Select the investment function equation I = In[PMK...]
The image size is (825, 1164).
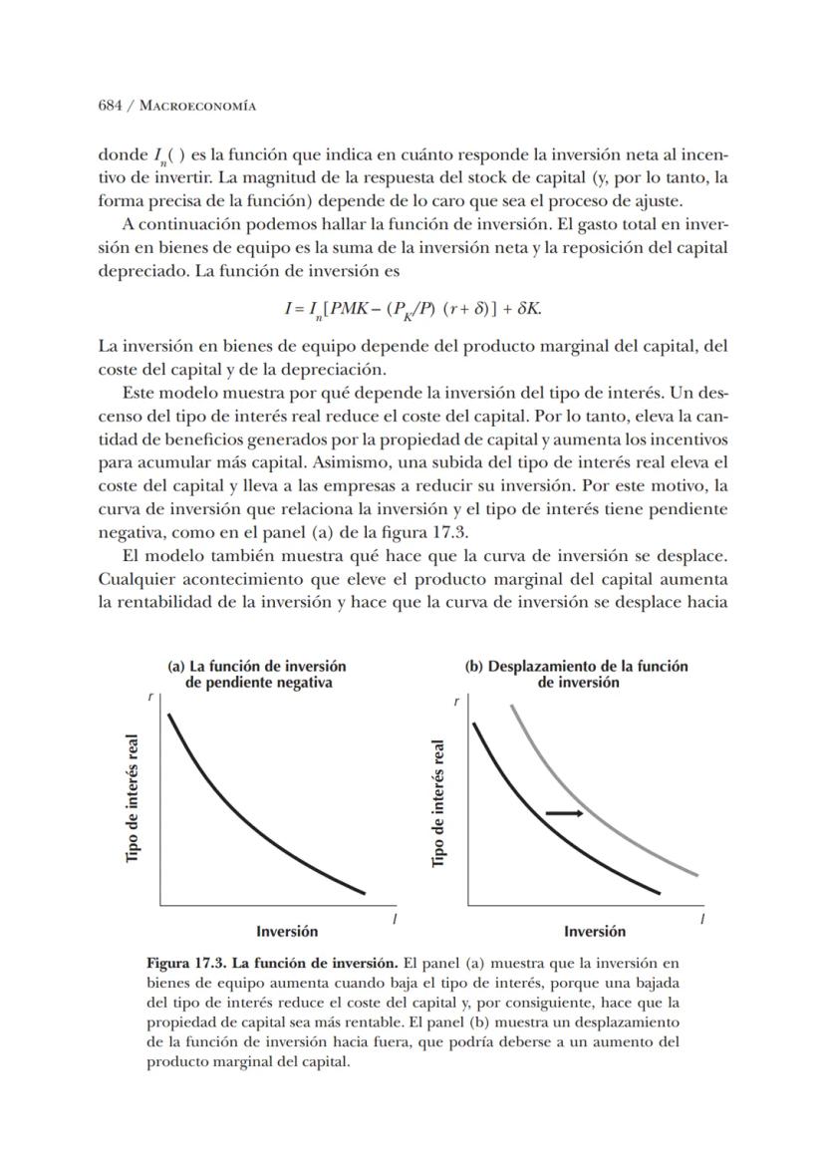(412, 308)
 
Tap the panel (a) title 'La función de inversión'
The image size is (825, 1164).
(257, 666)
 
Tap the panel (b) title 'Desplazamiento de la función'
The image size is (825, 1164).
(577, 666)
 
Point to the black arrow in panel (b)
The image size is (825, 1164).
(564, 813)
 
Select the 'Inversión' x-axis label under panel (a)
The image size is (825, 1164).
(287, 931)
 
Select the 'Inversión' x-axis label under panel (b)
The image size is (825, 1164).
(595, 931)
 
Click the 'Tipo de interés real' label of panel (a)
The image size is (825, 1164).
(134, 800)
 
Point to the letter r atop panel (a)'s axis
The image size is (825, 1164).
(150, 697)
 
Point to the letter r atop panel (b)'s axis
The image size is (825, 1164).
(456, 702)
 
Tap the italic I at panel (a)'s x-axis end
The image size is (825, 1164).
(394, 919)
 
